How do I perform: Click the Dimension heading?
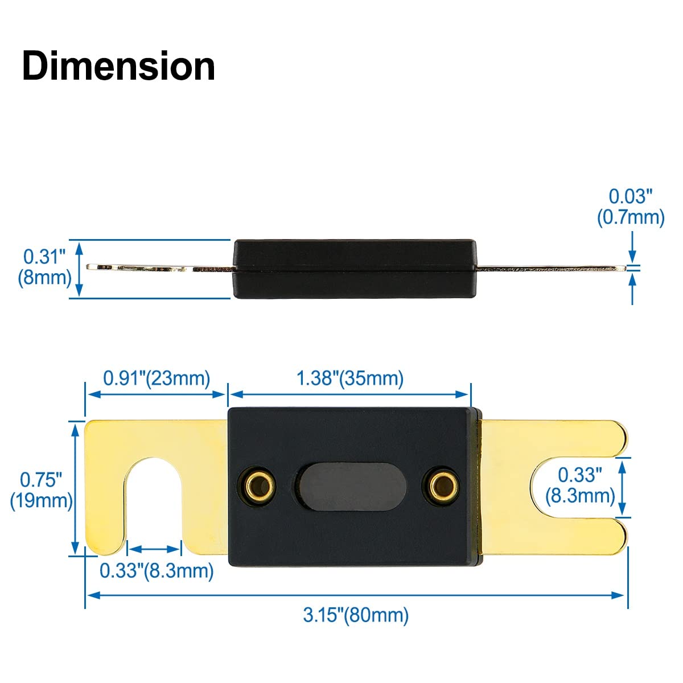pos(118,67)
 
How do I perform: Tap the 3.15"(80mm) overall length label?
pos(356,615)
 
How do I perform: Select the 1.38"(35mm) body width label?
pos(350,378)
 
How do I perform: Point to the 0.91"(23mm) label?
pos(157,378)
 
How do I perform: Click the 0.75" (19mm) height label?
pos(42,490)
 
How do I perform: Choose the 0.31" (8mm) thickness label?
pos(44,267)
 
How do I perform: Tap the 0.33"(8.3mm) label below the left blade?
pos(157,570)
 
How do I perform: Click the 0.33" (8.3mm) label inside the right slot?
pos(580,484)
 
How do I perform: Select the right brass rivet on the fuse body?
pos(443,485)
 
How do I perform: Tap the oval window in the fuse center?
pos(350,487)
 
